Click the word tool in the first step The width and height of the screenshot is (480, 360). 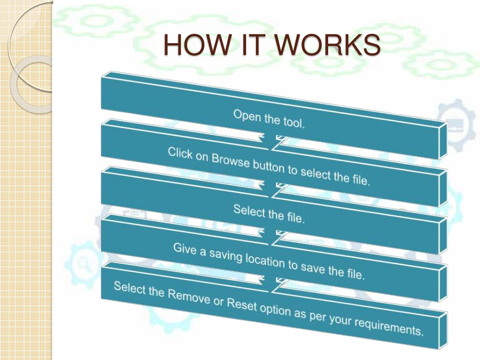point(294,123)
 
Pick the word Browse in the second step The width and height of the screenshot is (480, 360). point(231,160)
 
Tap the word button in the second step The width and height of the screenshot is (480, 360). point(269,166)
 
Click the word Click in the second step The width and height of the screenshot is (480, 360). point(180,153)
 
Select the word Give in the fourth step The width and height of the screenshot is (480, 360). point(185,248)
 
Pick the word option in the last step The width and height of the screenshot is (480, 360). point(275,309)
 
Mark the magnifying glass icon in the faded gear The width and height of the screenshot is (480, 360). point(83,264)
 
